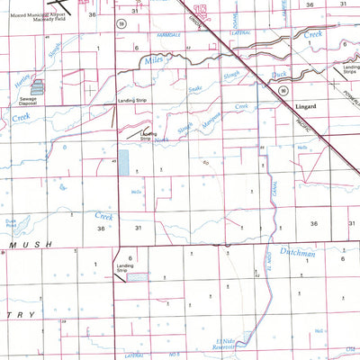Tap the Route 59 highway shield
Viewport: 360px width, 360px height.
121,24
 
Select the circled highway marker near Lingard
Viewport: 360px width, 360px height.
283,90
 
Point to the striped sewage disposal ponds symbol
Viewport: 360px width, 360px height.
39,87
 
